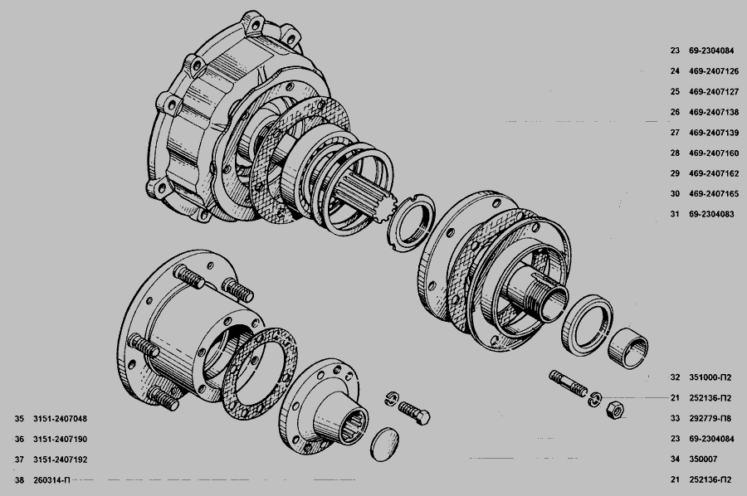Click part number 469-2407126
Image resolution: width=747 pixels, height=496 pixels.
click(x=714, y=71)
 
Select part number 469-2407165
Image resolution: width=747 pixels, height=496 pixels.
click(x=714, y=194)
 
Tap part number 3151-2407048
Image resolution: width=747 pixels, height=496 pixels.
click(x=60, y=419)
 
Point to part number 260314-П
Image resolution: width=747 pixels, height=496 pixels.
click(x=51, y=479)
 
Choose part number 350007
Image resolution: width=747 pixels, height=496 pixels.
click(x=703, y=460)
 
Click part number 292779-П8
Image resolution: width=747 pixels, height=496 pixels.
click(x=710, y=418)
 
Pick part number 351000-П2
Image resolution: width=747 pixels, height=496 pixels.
click(x=710, y=377)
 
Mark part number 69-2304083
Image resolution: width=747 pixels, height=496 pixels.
click(x=712, y=214)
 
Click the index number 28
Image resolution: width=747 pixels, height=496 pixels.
click(x=675, y=153)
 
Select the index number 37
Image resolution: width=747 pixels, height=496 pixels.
click(x=19, y=460)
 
